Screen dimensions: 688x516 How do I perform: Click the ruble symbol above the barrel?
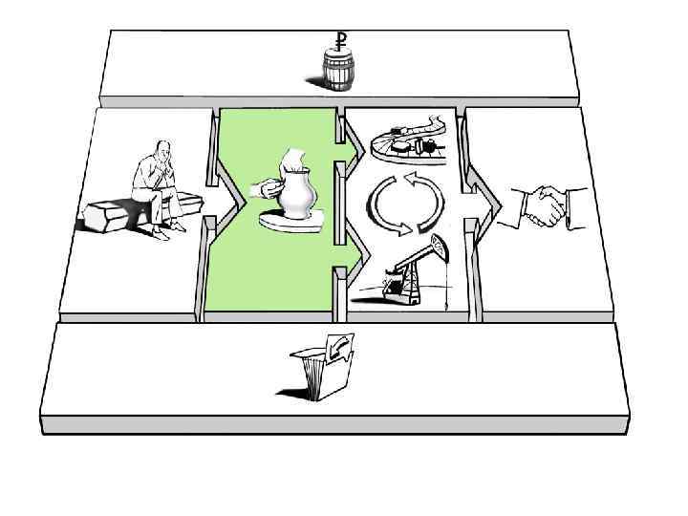tap(339, 39)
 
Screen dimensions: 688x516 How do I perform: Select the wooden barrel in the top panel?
tap(337, 71)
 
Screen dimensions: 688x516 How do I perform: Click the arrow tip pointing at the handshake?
tap(500, 202)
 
